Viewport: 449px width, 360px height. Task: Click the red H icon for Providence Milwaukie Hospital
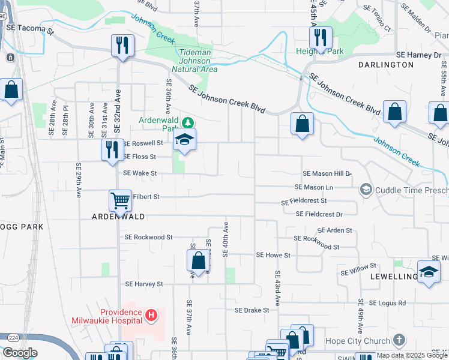point(151,314)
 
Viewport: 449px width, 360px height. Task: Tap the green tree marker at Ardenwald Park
point(188,123)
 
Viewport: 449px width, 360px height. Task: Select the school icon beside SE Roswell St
point(184,140)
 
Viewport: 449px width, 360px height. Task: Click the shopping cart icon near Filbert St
point(120,201)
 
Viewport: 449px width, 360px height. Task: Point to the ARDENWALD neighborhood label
point(118,217)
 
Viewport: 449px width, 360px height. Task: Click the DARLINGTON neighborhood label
point(386,64)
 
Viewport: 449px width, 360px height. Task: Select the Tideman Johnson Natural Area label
point(196,61)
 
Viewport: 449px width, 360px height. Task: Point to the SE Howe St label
point(273,255)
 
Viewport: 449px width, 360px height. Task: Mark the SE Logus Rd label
point(387,303)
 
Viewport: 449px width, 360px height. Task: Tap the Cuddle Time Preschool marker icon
point(366,190)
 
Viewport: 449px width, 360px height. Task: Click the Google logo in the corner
point(20,353)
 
